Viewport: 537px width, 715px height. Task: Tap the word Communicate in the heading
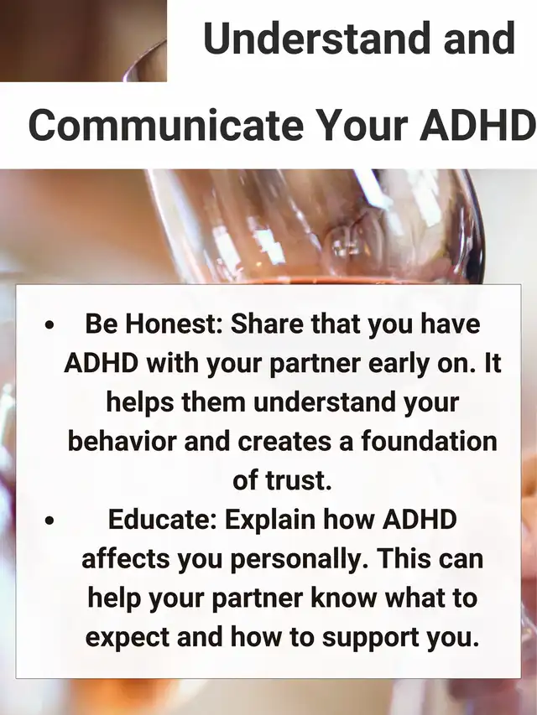[x=166, y=125]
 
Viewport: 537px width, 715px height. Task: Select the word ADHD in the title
[x=477, y=125]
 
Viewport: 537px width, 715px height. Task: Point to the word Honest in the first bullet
[x=174, y=324]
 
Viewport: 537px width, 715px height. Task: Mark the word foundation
[x=430, y=441]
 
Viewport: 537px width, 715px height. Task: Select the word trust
[x=298, y=480]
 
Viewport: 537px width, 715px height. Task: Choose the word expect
[x=128, y=639]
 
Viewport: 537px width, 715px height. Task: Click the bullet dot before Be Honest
[x=50, y=325]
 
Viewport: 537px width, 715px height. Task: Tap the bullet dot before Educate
[x=50, y=521]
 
